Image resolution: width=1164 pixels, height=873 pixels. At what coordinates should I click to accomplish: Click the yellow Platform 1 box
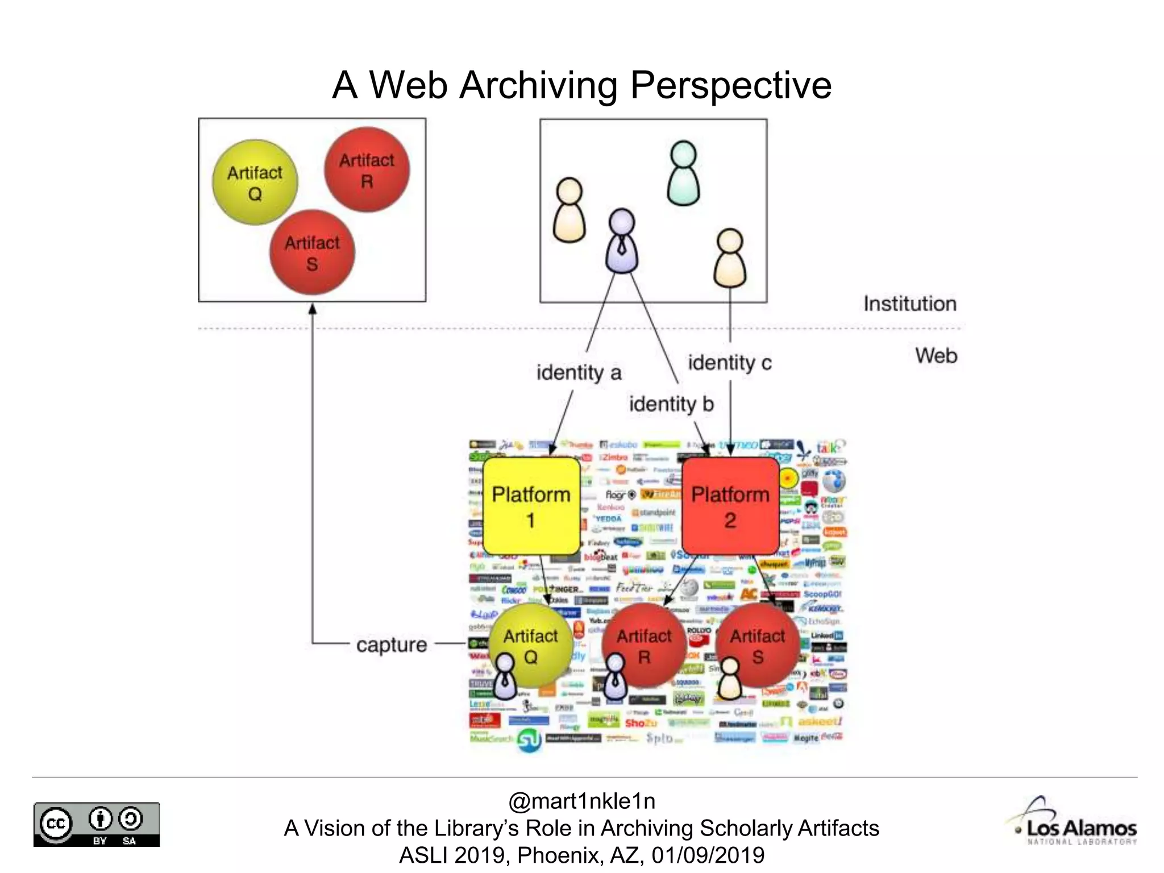(531, 506)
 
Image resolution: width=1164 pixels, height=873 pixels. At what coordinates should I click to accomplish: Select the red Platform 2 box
(730, 506)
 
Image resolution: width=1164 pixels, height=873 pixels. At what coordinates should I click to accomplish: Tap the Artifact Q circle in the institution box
(255, 182)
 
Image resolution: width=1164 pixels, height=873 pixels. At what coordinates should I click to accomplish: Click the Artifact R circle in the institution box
(367, 170)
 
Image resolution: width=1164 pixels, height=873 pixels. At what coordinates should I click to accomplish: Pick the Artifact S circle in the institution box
(312, 252)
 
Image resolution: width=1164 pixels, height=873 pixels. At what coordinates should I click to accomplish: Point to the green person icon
(683, 173)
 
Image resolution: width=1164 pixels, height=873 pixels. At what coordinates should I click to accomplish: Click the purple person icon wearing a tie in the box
(622, 241)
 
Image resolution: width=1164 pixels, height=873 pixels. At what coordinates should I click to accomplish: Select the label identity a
(579, 373)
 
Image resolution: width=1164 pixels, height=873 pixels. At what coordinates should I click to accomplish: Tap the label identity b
(671, 404)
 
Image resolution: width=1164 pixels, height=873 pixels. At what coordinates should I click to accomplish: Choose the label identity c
(730, 363)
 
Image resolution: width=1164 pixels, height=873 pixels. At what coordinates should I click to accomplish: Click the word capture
(392, 645)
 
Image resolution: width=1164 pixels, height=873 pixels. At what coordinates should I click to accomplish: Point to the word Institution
(910, 304)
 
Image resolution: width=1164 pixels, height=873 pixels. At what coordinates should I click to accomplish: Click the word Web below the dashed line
(936, 356)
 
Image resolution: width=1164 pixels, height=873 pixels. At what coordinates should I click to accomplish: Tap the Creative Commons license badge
(97, 824)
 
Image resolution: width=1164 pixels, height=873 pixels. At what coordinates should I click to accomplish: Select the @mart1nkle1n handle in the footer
(581, 801)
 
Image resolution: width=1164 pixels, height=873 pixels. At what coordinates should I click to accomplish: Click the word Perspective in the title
(731, 85)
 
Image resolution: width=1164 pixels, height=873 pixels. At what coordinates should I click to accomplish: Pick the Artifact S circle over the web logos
(758, 645)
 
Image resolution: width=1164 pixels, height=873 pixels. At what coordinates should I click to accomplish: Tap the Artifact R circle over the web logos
(644, 645)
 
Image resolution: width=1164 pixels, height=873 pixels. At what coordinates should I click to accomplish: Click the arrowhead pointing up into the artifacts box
(312, 309)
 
